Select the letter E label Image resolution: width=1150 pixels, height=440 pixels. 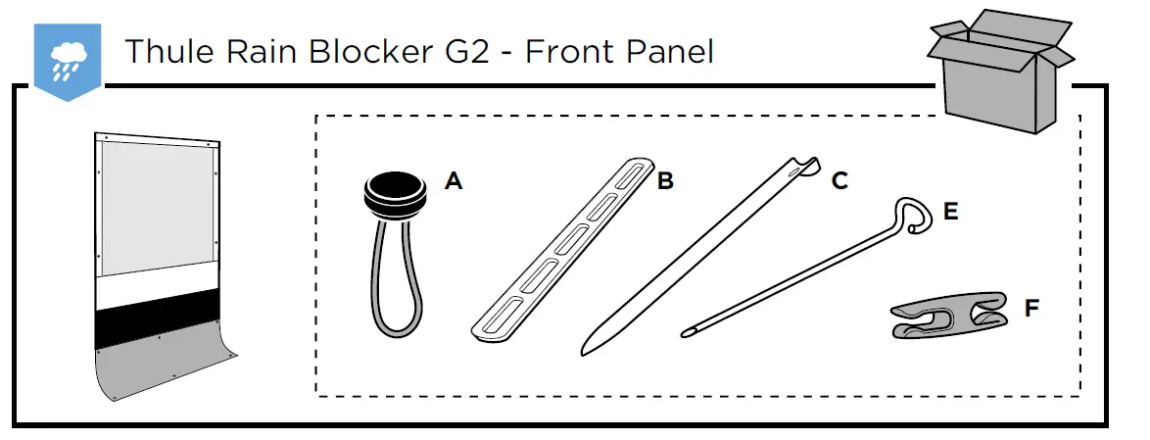(949, 211)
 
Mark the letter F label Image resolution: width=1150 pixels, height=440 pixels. (1031, 309)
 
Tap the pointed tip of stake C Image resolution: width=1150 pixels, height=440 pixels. (586, 347)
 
